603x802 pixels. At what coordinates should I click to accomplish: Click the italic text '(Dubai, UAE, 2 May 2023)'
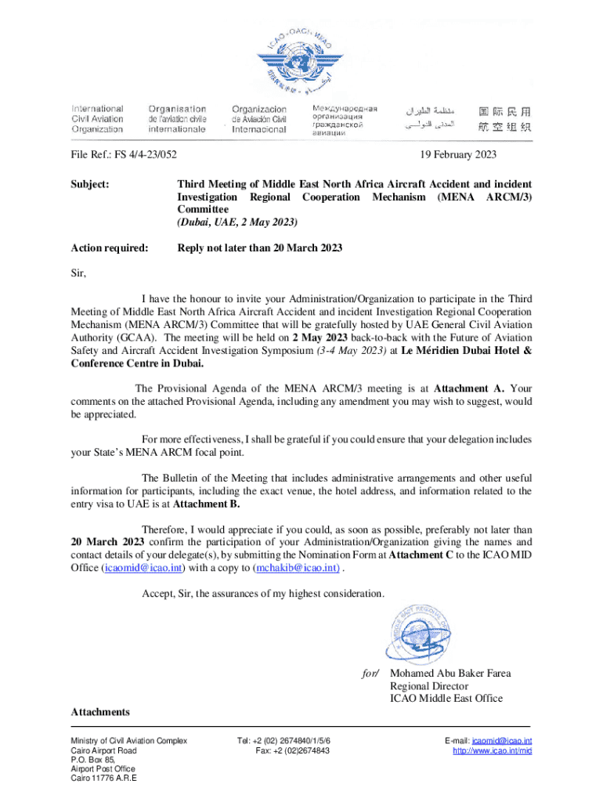click(x=237, y=222)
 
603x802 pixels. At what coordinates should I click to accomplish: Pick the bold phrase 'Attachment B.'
click(x=206, y=504)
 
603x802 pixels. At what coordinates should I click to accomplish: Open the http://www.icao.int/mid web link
click(x=493, y=751)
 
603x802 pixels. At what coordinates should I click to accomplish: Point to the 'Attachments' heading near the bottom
click(x=100, y=712)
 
